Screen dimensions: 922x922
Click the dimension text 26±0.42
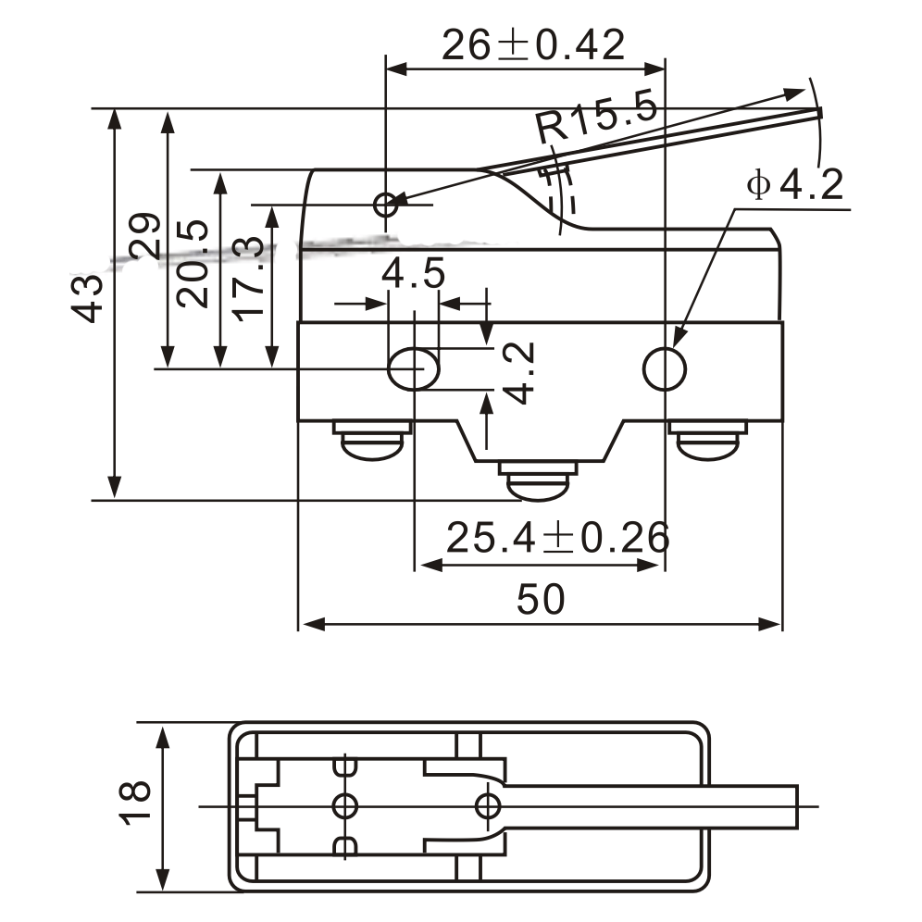click(532, 44)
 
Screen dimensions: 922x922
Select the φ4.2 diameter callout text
click(794, 185)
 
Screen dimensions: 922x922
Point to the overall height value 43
click(89, 298)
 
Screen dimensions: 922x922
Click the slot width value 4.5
click(414, 275)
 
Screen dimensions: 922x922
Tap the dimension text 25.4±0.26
click(557, 537)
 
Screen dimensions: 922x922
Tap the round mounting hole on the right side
click(665, 369)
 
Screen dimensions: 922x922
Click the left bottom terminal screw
click(371, 441)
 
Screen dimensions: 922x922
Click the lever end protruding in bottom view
click(768, 806)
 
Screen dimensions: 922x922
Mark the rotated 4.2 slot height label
click(520, 371)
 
